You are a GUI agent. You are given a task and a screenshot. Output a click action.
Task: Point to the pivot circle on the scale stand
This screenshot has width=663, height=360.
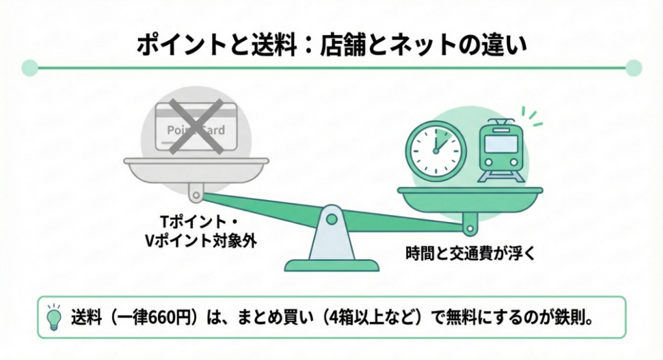pos(331,219)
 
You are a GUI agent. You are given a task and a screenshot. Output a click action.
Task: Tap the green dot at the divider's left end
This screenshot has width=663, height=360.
pos(28,67)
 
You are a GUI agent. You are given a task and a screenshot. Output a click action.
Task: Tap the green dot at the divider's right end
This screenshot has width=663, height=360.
pos(634,67)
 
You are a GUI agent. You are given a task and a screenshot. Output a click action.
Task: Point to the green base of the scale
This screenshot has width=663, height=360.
pos(331,265)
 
